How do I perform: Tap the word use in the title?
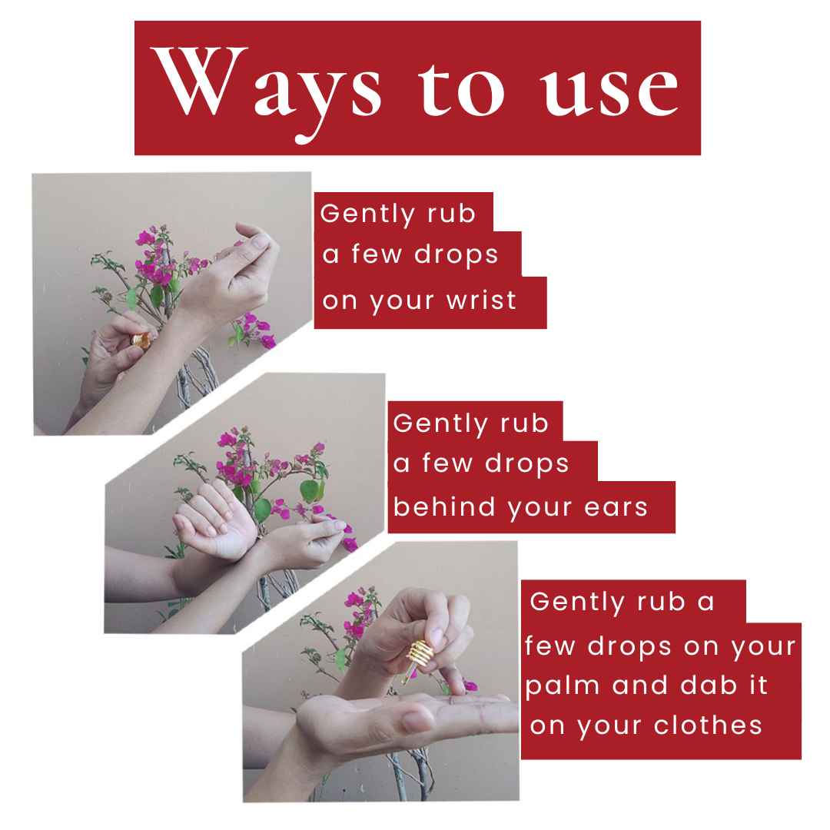(x=609, y=89)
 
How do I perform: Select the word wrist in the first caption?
(x=481, y=300)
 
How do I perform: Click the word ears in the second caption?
(x=616, y=507)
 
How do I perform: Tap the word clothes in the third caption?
(x=708, y=725)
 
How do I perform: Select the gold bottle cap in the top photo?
(x=141, y=340)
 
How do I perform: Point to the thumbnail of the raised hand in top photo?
(x=260, y=241)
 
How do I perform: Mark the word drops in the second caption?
(x=526, y=463)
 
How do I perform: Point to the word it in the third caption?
(x=758, y=685)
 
